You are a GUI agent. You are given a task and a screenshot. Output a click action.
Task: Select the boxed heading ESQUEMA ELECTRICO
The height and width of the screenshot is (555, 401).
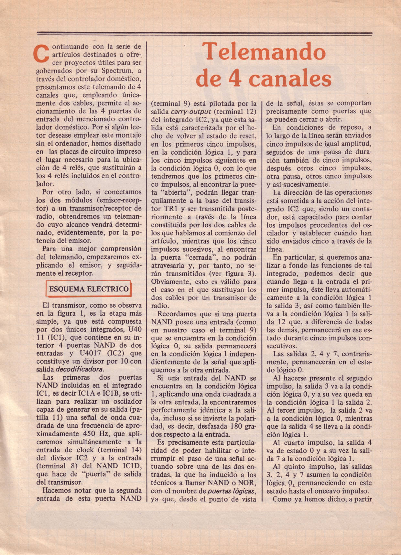coord(89,289)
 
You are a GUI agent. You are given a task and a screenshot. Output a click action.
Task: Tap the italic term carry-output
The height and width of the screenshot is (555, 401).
coord(191,112)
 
